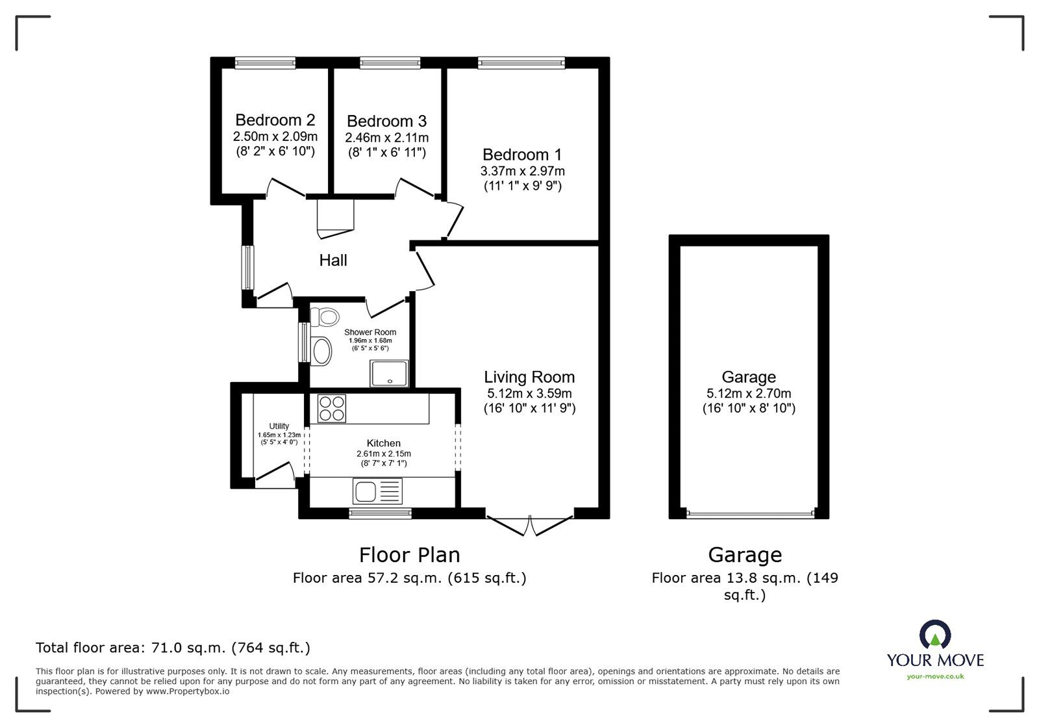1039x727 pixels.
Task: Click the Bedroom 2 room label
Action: (275, 120)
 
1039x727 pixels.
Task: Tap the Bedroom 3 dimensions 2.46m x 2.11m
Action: (386, 138)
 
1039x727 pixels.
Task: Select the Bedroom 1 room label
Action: (522, 155)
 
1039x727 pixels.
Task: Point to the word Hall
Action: (333, 261)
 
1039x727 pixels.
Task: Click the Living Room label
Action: (529, 377)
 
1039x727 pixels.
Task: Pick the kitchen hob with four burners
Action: (332, 409)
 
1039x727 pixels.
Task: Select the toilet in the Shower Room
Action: (325, 317)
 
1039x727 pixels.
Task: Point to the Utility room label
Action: (279, 426)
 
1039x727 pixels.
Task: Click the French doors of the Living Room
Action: (530, 525)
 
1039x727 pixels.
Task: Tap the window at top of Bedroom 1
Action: (521, 62)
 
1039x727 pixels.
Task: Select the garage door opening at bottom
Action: (749, 514)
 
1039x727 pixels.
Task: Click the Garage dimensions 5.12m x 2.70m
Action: (749, 394)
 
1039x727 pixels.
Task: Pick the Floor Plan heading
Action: (410, 555)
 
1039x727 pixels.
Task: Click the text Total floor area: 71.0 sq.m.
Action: (173, 648)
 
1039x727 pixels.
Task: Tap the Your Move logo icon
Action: (935, 635)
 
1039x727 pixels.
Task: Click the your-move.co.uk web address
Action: (935, 677)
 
